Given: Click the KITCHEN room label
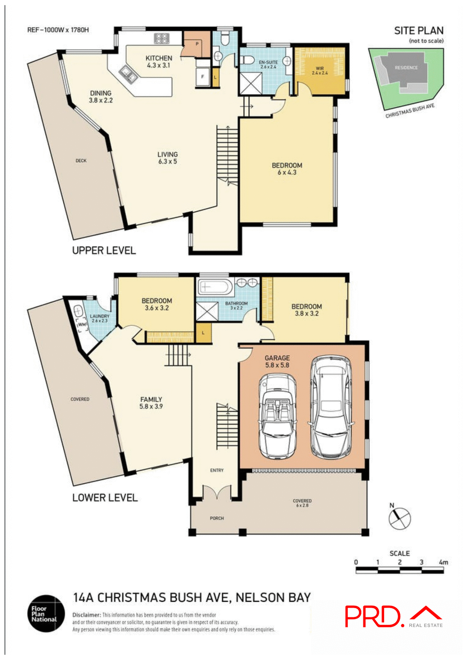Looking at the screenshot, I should point(159,62).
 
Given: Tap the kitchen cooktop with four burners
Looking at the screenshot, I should point(161,38).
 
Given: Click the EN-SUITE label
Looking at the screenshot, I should point(268,64).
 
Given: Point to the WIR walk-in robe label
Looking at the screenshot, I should point(319,70).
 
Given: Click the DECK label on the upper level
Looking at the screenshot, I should point(81,161).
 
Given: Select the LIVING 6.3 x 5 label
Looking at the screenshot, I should point(168,158).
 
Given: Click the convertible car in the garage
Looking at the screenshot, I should point(277,416).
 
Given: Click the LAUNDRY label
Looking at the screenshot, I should point(99,318).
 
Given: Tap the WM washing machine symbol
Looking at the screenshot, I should point(82,324).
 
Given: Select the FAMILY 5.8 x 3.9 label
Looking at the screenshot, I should point(151,403).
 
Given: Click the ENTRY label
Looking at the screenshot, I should point(217,470).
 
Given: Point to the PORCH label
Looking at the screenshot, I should point(217,518).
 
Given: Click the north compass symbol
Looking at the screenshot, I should point(400,518).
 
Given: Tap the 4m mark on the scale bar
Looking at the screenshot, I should point(443,563).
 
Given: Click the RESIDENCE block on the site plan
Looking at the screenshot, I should point(406,68).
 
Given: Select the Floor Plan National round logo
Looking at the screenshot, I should point(46,614).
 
